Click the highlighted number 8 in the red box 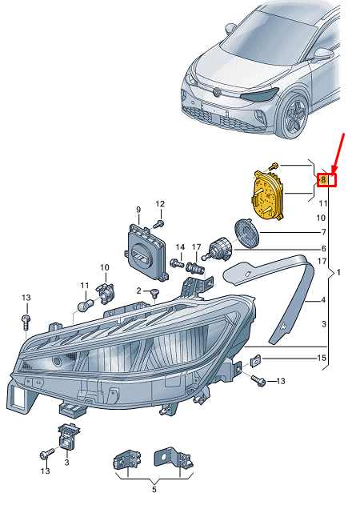point(323,179)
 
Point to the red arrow point(338,153)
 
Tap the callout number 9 point(138,210)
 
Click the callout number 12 point(160,203)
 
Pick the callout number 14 point(180,247)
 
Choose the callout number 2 point(139,291)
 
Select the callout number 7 point(323,232)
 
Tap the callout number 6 point(324,249)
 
